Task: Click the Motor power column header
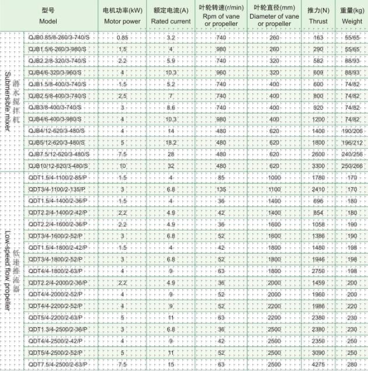(121, 16)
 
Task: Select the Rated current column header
(171, 16)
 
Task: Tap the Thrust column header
(318, 16)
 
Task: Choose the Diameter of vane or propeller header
(274, 16)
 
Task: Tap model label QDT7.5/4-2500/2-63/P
(57, 365)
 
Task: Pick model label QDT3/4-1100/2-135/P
(57, 189)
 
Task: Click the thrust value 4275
(318, 365)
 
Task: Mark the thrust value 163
(318, 37)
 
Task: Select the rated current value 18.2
(171, 142)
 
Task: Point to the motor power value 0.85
(122, 37)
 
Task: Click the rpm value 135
(221, 189)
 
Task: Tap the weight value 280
(352, 365)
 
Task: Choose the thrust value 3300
(318, 166)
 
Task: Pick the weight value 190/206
(352, 131)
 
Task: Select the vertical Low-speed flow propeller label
(9, 268)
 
